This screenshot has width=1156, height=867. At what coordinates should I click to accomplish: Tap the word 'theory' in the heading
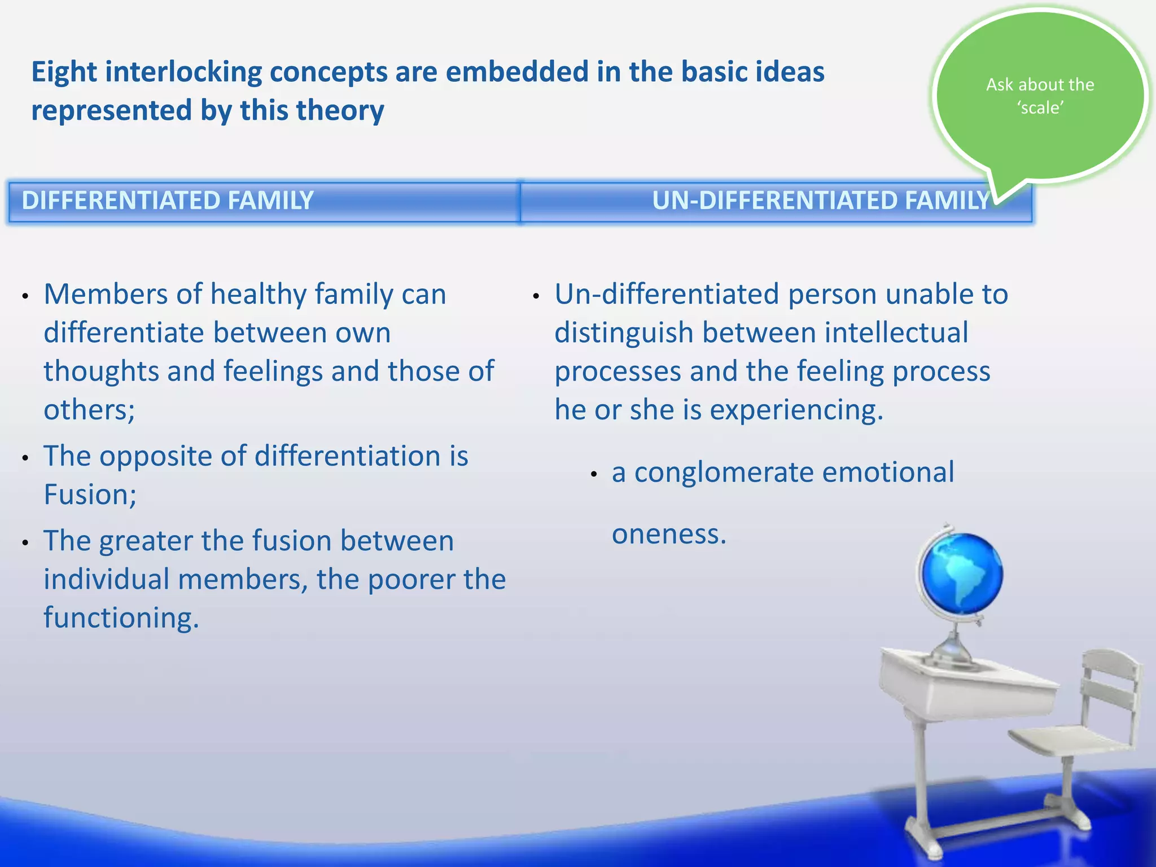pyautogui.click(x=345, y=111)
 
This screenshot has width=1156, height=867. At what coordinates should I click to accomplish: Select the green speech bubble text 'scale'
pyautogui.click(x=1041, y=108)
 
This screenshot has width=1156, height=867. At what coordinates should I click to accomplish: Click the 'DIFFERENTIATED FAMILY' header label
pyautogui.click(x=168, y=201)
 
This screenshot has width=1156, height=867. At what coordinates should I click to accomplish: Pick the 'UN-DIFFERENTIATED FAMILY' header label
pyautogui.click(x=821, y=201)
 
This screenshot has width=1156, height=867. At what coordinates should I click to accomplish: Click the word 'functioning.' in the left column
pyautogui.click(x=121, y=618)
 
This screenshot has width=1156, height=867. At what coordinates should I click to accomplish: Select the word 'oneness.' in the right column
pyautogui.click(x=669, y=534)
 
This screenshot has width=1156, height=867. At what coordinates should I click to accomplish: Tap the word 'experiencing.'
pyautogui.click(x=796, y=410)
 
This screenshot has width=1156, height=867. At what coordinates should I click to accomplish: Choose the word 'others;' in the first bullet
pyautogui.click(x=89, y=410)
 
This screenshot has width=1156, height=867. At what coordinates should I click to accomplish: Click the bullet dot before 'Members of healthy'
pyautogui.click(x=25, y=296)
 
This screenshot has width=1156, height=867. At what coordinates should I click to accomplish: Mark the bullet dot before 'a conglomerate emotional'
pyautogui.click(x=594, y=475)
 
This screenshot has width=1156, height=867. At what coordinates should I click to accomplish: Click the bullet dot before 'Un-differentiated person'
pyautogui.click(x=536, y=296)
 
